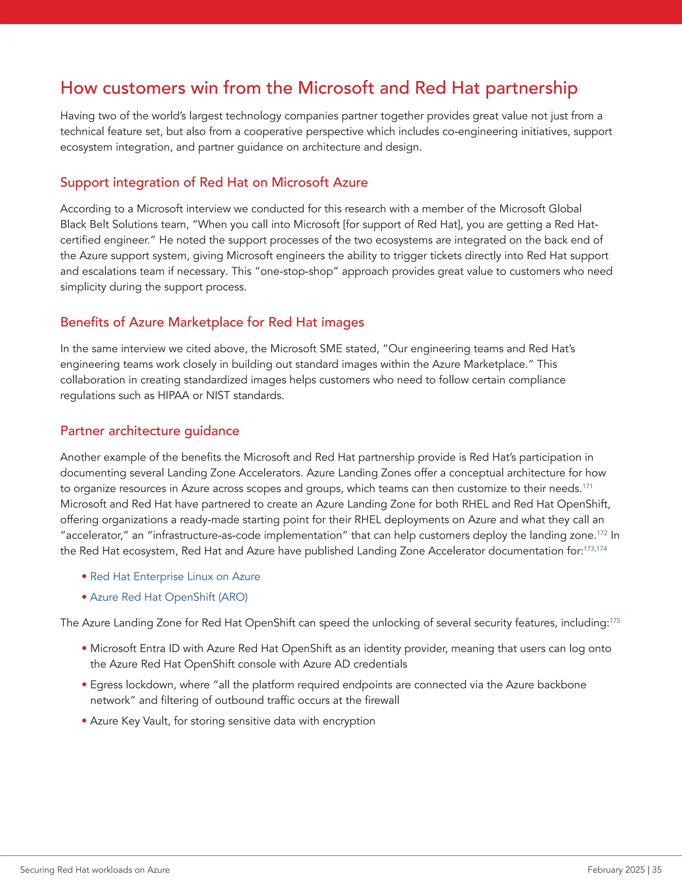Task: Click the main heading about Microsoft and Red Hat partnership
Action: click(x=319, y=88)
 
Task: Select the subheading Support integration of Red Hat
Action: click(x=214, y=182)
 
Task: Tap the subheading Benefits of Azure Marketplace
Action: click(x=212, y=322)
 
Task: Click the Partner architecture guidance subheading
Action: click(x=150, y=431)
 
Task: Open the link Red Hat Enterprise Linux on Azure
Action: click(x=175, y=576)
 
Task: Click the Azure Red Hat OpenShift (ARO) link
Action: click(x=169, y=597)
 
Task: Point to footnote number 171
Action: click(x=587, y=486)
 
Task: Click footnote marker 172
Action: click(x=602, y=533)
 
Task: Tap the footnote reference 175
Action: click(x=615, y=620)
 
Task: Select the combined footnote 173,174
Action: click(x=595, y=549)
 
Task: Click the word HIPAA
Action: click(x=173, y=396)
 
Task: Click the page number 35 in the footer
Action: click(x=657, y=870)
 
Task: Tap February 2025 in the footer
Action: click(x=616, y=870)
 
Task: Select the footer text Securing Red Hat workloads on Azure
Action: click(x=95, y=870)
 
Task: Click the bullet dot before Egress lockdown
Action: click(x=85, y=685)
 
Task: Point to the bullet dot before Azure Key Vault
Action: click(x=85, y=721)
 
